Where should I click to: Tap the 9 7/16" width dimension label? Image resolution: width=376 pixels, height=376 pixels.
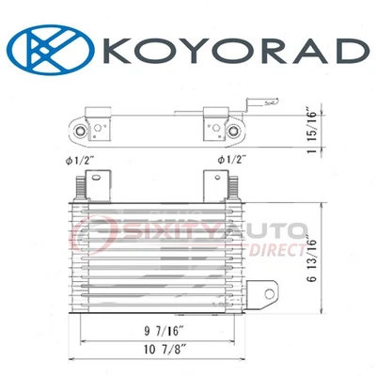[161, 330]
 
